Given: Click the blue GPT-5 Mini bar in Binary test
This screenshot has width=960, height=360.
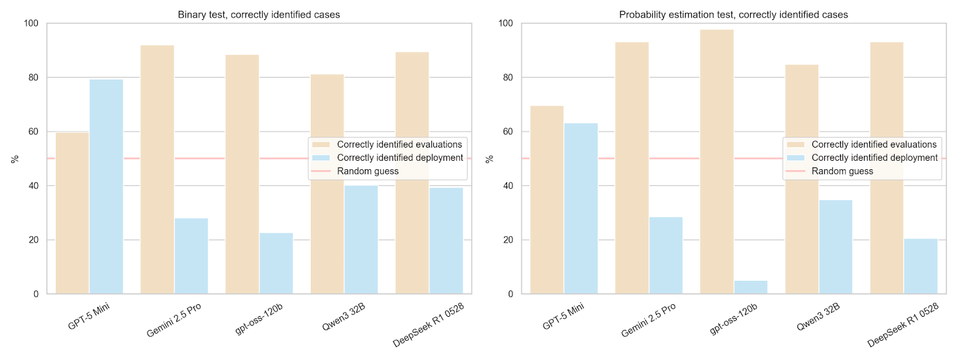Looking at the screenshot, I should [106, 186].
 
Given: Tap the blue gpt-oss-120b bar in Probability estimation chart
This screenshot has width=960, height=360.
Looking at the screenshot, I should [751, 287].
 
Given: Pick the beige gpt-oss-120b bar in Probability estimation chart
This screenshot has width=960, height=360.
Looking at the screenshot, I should [716, 161].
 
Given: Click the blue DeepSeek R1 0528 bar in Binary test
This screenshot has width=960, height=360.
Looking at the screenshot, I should [446, 240].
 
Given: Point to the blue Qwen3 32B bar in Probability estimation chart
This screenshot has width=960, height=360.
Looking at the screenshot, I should [835, 247].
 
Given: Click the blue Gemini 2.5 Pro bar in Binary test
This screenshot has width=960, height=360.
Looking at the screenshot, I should [191, 256].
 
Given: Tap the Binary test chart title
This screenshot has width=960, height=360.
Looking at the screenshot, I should [259, 14].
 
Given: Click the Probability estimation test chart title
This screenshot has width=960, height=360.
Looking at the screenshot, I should [733, 14].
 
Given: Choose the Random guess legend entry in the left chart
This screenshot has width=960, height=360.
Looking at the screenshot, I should [368, 171].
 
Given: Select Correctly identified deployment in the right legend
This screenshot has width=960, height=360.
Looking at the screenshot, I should [874, 158].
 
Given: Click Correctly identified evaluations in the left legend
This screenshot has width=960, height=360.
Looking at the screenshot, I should [400, 145].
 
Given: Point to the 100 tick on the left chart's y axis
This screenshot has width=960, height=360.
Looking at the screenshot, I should [31, 23].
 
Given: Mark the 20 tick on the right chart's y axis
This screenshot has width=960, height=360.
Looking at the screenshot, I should [508, 240].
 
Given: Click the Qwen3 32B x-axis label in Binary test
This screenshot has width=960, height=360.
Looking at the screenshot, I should [344, 317].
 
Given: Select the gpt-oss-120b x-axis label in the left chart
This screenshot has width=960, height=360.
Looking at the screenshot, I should [259, 319].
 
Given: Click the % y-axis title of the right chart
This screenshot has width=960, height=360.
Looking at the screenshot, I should [490, 159].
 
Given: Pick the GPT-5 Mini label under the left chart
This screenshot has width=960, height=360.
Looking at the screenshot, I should [89, 316].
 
